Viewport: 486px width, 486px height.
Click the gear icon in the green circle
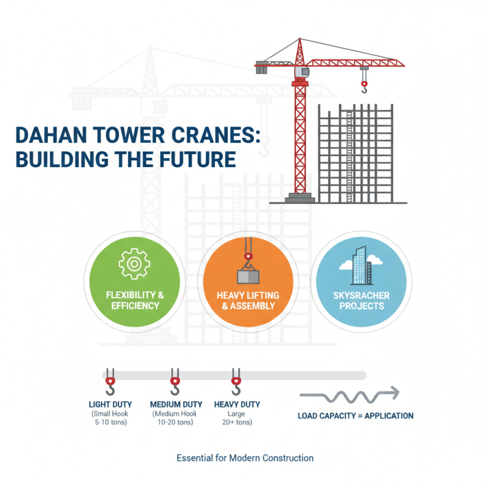[x=134, y=264]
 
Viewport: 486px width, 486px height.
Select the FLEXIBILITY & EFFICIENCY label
[x=135, y=300]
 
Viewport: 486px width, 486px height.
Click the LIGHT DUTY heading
[x=111, y=404]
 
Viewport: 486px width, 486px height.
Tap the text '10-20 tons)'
[x=175, y=423]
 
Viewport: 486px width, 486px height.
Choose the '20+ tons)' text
[x=237, y=423]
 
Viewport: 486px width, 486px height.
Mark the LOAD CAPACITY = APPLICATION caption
[x=355, y=416]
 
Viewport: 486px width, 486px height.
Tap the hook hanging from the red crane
[x=364, y=86]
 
